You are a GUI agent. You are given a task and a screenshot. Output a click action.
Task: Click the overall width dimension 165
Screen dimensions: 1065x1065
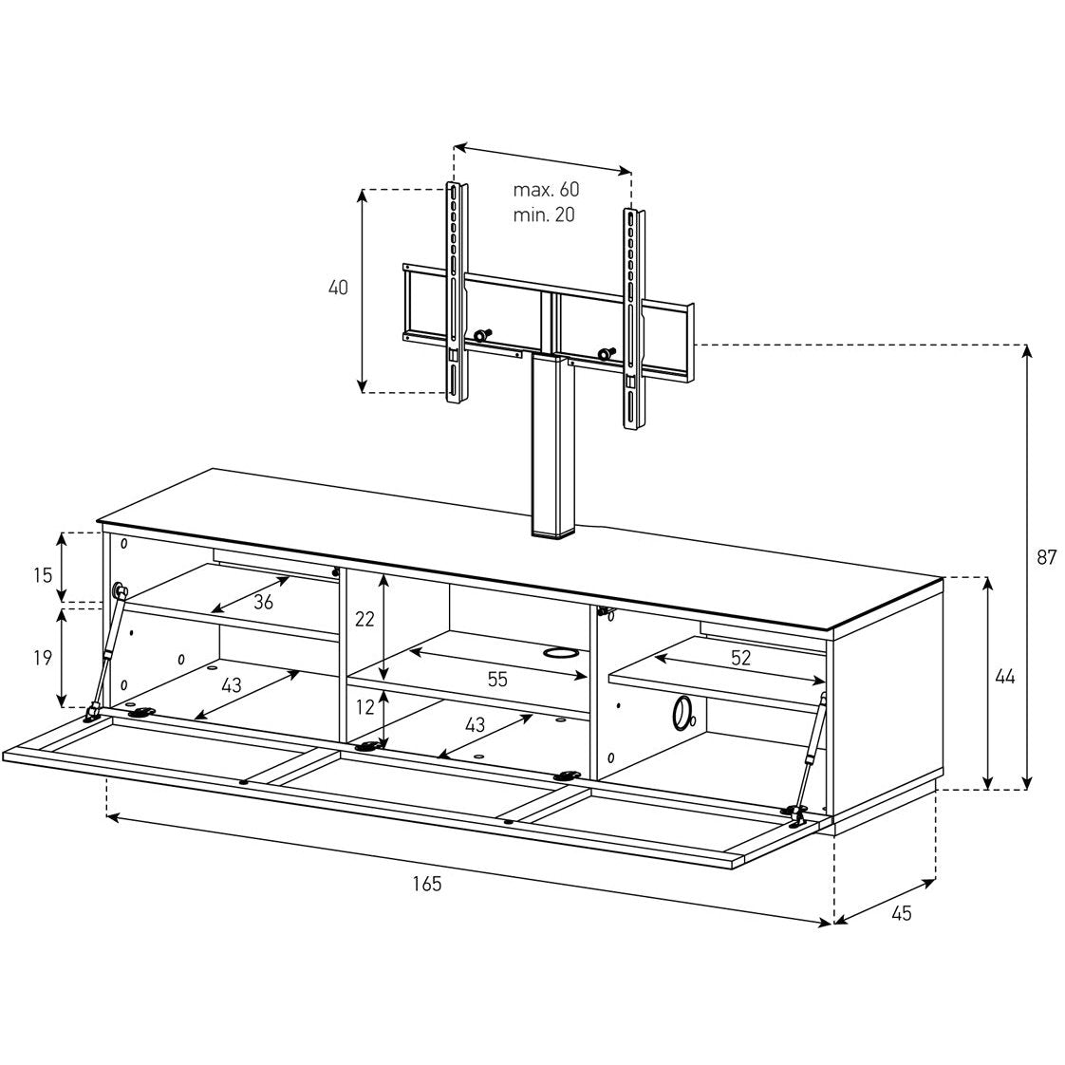pyautogui.click(x=426, y=884)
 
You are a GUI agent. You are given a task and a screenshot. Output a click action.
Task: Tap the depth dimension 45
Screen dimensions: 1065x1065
pyautogui.click(x=901, y=913)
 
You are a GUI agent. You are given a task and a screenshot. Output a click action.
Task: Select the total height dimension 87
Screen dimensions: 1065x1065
pyautogui.click(x=1047, y=557)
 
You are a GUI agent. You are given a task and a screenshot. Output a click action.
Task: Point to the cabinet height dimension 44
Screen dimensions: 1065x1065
pyautogui.click(x=1004, y=677)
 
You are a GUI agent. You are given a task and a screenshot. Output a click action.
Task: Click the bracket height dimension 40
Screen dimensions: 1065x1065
pyautogui.click(x=338, y=288)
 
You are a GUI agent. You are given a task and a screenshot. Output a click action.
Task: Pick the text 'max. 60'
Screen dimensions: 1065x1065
pyautogui.click(x=546, y=189)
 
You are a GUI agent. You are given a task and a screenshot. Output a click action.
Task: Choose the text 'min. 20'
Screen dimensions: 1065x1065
pyautogui.click(x=544, y=215)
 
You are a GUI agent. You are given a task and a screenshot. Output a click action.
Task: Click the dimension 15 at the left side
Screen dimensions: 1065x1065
pyautogui.click(x=43, y=575)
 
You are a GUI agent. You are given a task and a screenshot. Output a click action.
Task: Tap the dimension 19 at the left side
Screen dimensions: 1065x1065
pyautogui.click(x=43, y=658)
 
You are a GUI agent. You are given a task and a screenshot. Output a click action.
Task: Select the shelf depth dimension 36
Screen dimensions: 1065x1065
pyautogui.click(x=263, y=602)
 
